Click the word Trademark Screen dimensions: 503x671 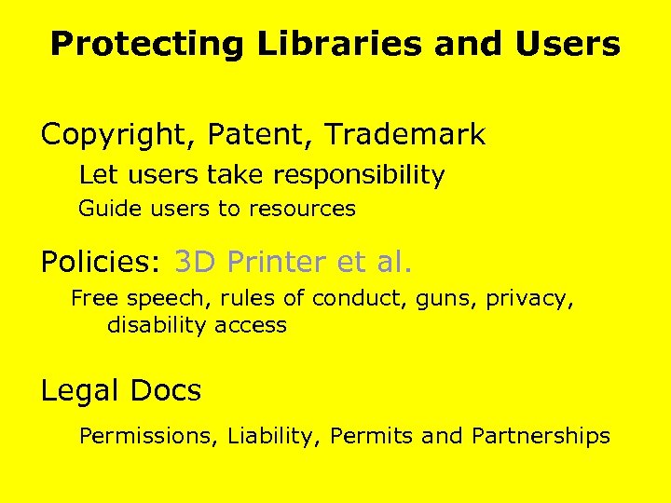404,135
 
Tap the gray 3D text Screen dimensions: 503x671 195,263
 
